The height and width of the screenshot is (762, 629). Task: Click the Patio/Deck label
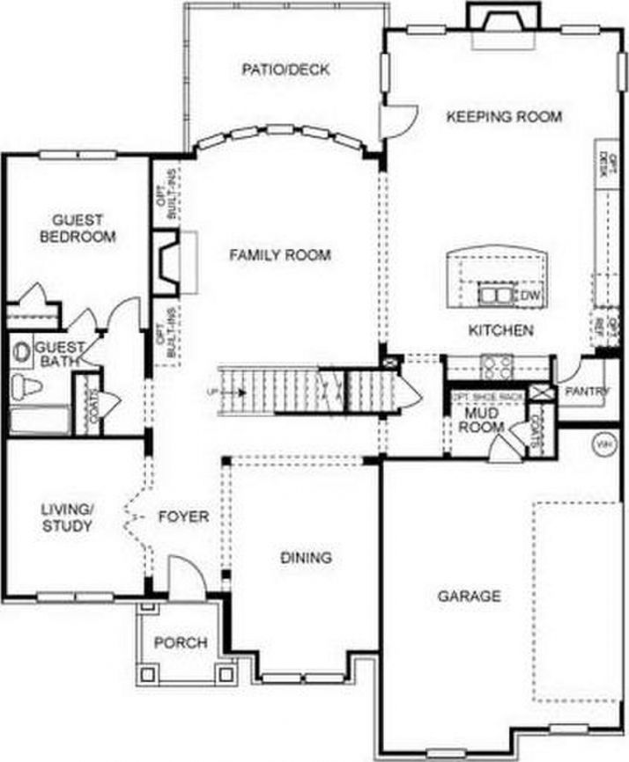coord(285,70)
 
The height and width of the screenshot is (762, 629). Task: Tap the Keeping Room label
coord(504,116)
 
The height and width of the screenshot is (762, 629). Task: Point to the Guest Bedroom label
coord(77,229)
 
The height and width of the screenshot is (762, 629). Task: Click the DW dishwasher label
coord(529,296)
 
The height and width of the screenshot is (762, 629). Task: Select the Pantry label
coord(588,392)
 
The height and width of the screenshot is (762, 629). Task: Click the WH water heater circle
coord(604,444)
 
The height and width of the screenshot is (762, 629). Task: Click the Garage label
coord(470,597)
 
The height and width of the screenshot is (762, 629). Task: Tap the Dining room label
coord(306,558)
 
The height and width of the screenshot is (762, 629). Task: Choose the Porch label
coord(181,643)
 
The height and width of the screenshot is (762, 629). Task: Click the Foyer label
coord(183,517)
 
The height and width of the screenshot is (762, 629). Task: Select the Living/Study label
coord(67,518)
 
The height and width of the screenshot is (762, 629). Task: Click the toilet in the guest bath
coord(27,385)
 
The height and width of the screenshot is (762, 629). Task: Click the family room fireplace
coord(169,261)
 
